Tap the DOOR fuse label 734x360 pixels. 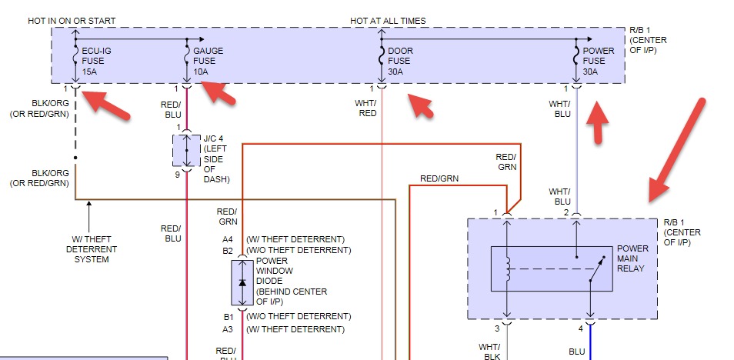[400, 61]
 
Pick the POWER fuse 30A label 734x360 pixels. [599, 61]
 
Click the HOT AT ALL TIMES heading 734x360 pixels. [388, 21]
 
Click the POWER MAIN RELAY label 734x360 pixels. [632, 258]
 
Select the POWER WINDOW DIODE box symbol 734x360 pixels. [243, 283]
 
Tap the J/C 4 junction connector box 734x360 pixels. [186, 151]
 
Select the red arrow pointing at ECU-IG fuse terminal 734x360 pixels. [106, 104]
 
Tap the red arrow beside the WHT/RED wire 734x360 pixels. [422, 107]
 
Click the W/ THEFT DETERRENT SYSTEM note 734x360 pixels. [91, 249]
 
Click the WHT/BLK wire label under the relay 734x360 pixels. [490, 351]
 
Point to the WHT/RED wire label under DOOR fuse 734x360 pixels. [368, 108]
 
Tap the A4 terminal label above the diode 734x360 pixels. [228, 239]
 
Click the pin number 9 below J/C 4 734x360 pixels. [177, 175]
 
